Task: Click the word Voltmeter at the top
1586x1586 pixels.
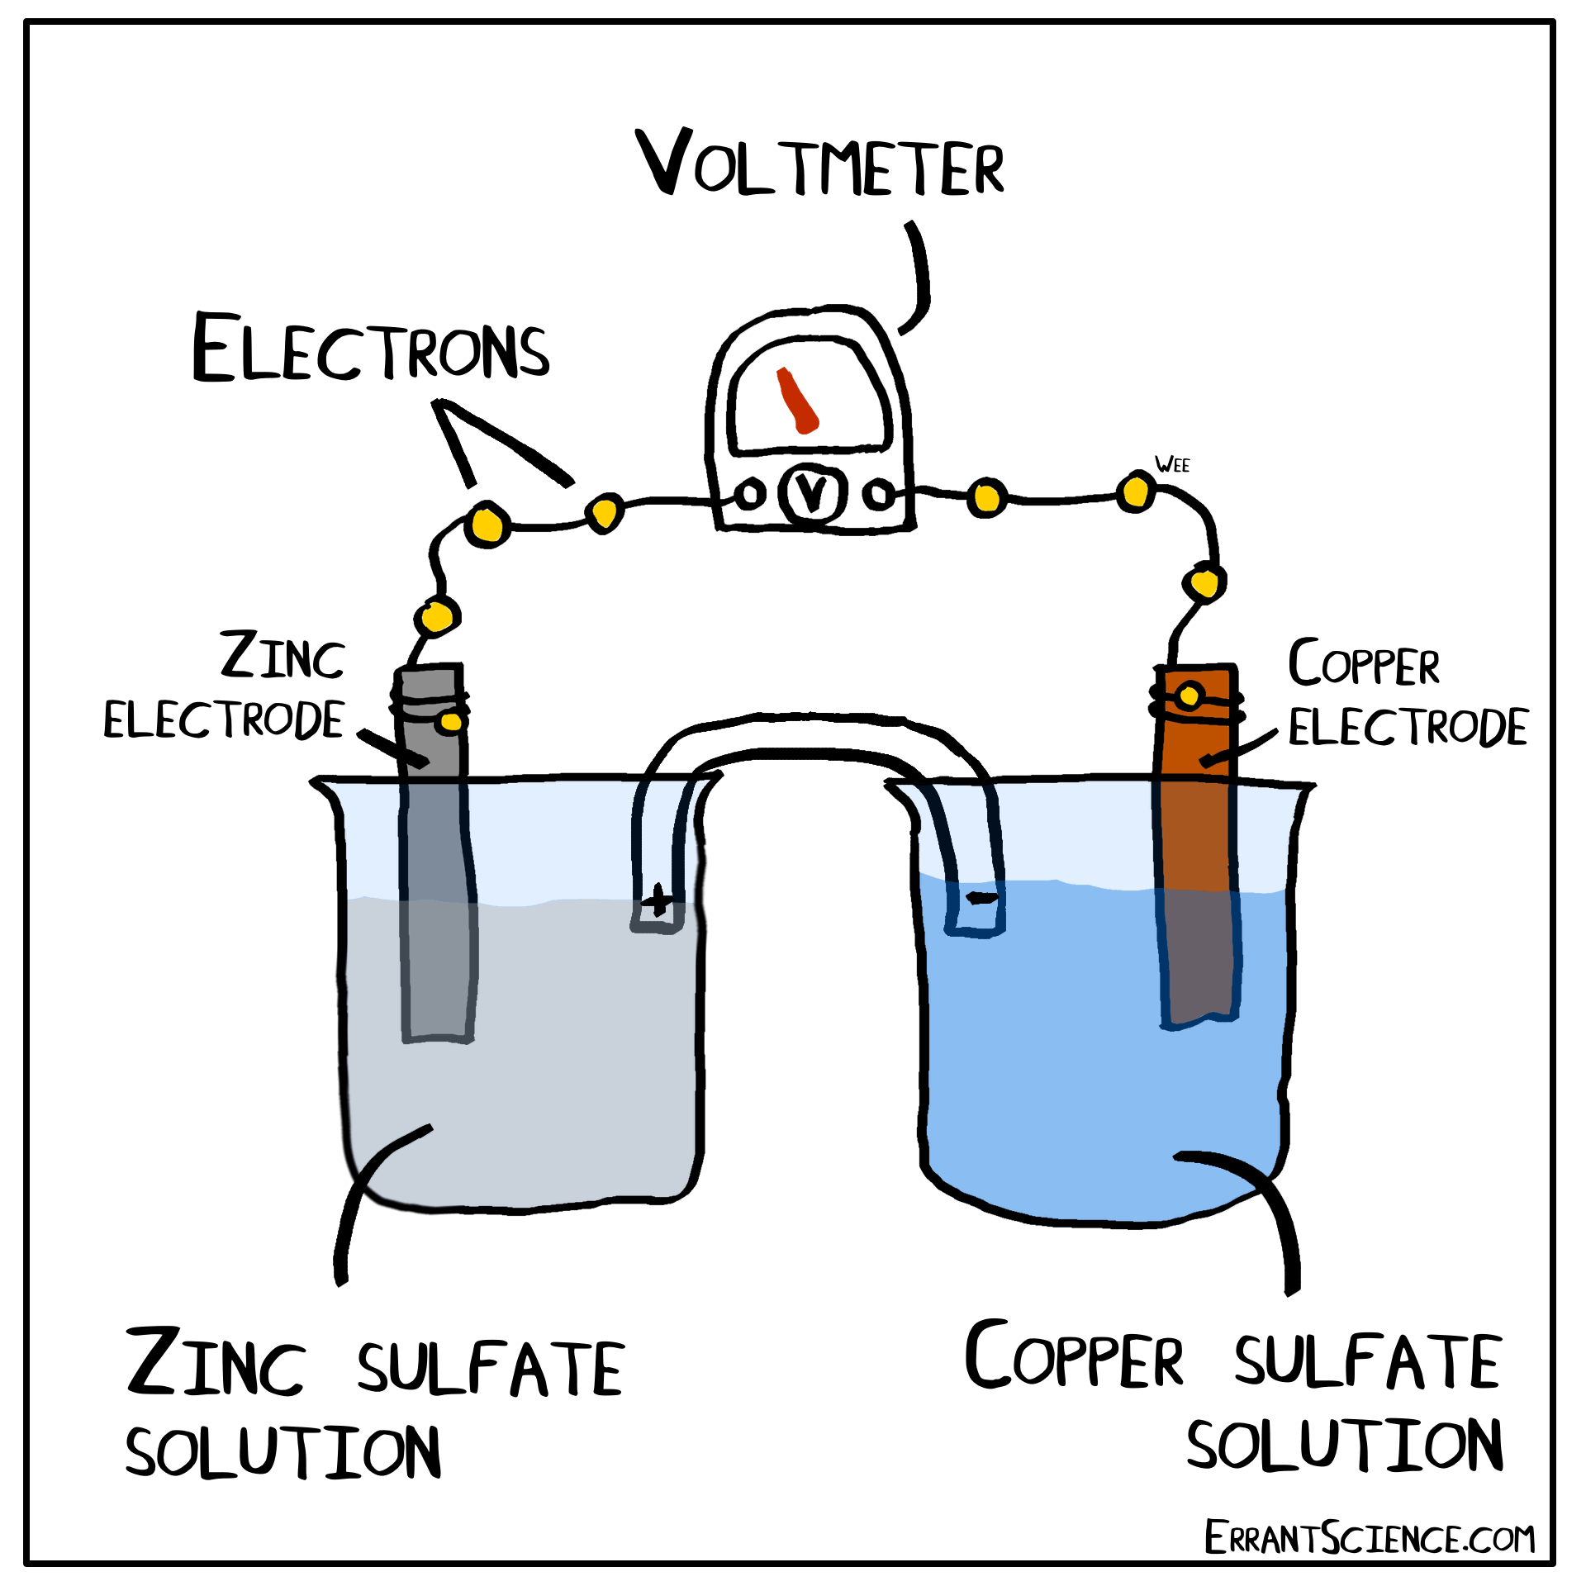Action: click(819, 165)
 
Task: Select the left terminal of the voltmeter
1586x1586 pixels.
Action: click(749, 496)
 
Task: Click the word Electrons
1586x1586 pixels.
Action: click(370, 349)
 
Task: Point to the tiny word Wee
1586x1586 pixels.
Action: click(1172, 465)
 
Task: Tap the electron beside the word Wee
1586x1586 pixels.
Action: click(1136, 492)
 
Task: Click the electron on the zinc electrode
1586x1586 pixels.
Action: click(451, 722)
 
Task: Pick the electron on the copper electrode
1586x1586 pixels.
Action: click(1189, 696)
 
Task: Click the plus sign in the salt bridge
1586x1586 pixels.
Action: click(658, 900)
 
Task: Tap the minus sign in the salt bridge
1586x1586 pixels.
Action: click(981, 898)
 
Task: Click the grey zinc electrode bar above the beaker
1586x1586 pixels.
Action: click(430, 727)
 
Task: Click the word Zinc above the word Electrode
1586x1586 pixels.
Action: click(283, 657)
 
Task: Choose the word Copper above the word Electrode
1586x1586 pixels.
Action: click(1364, 665)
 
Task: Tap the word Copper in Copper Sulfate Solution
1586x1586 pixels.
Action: click(1074, 1356)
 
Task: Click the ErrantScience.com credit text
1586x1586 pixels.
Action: click(1369, 1538)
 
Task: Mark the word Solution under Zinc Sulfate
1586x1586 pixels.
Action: click(283, 1452)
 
